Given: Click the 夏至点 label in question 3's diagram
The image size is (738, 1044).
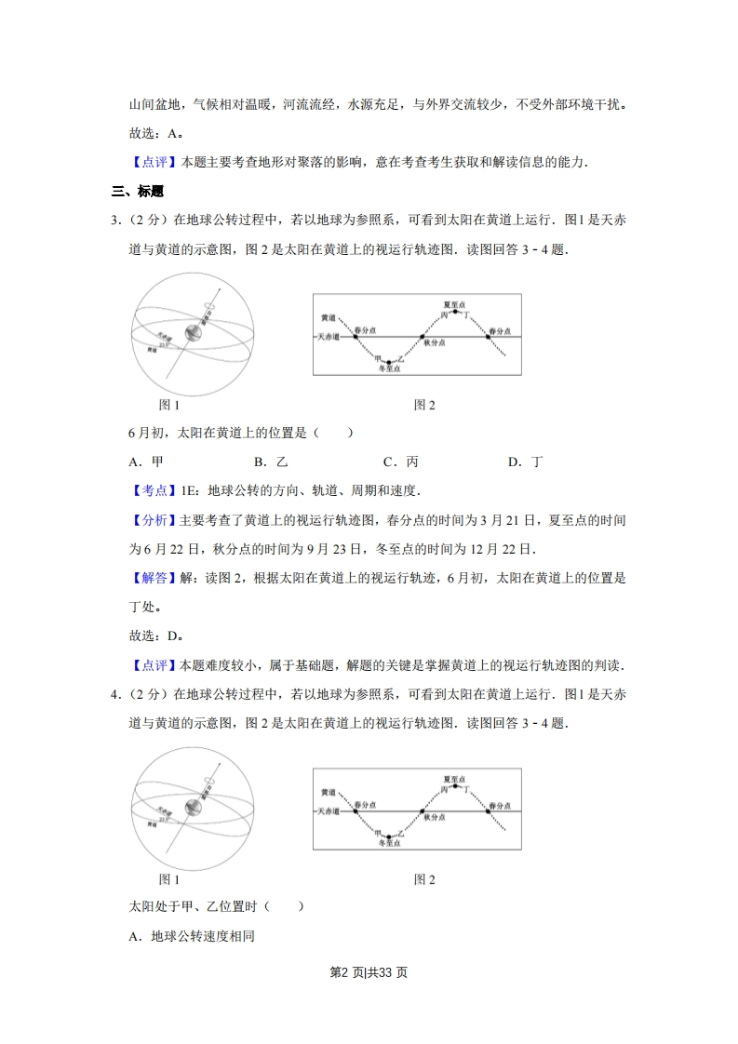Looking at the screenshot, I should [454, 303].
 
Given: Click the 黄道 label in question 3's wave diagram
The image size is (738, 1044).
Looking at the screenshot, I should [328, 318].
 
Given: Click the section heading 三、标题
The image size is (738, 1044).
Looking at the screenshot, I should [137, 192].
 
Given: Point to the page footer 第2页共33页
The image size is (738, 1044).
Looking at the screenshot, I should [369, 972].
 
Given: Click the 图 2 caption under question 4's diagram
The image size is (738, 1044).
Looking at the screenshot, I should [424, 878].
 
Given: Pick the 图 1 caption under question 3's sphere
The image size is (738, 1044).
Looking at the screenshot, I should [169, 405].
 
